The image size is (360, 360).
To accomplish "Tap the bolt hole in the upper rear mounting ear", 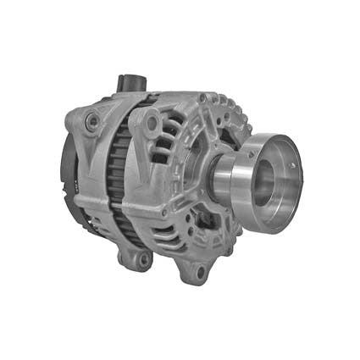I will click(91, 123).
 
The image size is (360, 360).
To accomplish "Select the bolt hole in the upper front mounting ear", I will click(152, 124).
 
